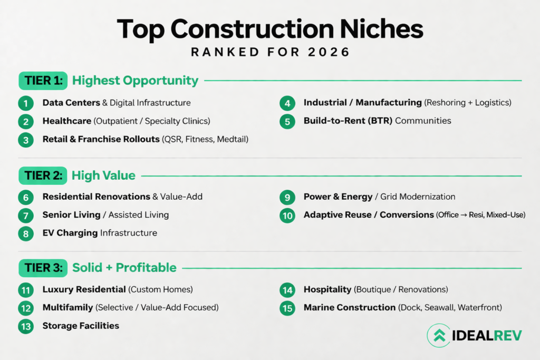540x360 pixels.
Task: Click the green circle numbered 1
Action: click(x=26, y=103)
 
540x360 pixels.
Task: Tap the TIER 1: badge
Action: click(x=43, y=81)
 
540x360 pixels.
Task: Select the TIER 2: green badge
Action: click(x=43, y=176)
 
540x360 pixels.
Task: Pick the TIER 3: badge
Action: click(x=43, y=268)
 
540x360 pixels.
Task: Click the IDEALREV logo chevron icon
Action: click(x=439, y=335)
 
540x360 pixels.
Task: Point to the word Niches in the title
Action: click(x=382, y=30)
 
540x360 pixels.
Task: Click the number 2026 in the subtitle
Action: click(x=329, y=52)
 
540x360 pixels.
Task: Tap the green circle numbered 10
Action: click(x=287, y=216)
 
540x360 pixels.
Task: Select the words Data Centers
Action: click(x=71, y=103)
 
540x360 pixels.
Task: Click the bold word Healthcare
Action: click(x=67, y=121)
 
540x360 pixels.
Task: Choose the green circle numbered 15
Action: click(x=287, y=308)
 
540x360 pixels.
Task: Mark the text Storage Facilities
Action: click(x=81, y=326)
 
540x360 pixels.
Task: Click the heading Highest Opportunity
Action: click(x=135, y=81)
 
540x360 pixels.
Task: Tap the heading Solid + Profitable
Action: click(x=124, y=267)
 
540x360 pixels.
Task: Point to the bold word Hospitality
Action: click(x=327, y=289)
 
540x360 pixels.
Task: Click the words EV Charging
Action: click(x=70, y=233)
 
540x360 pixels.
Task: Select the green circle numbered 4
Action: click(x=287, y=103)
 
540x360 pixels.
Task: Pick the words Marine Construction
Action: click(x=350, y=307)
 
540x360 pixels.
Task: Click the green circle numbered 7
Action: click(x=26, y=216)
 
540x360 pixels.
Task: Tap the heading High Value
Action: click(x=103, y=176)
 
